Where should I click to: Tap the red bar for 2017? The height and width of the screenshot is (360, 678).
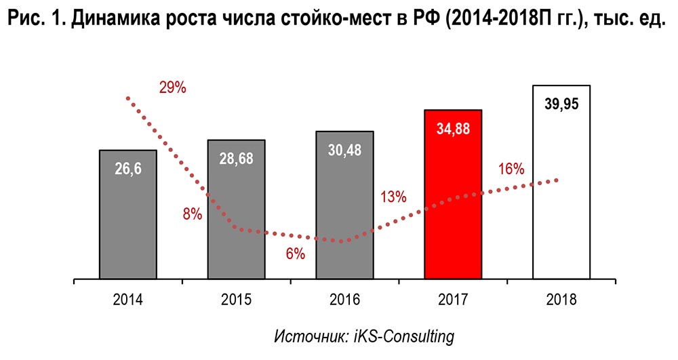[453, 203]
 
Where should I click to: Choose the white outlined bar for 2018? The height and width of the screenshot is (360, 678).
[561, 190]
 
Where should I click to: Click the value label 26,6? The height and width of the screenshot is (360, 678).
[128, 169]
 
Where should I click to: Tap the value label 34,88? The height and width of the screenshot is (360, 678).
[453, 129]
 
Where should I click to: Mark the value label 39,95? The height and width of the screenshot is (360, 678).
[561, 104]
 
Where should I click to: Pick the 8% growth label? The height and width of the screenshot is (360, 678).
[192, 214]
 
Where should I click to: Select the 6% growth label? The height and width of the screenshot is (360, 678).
[295, 254]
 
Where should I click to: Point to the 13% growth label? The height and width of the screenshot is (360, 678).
[393, 197]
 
